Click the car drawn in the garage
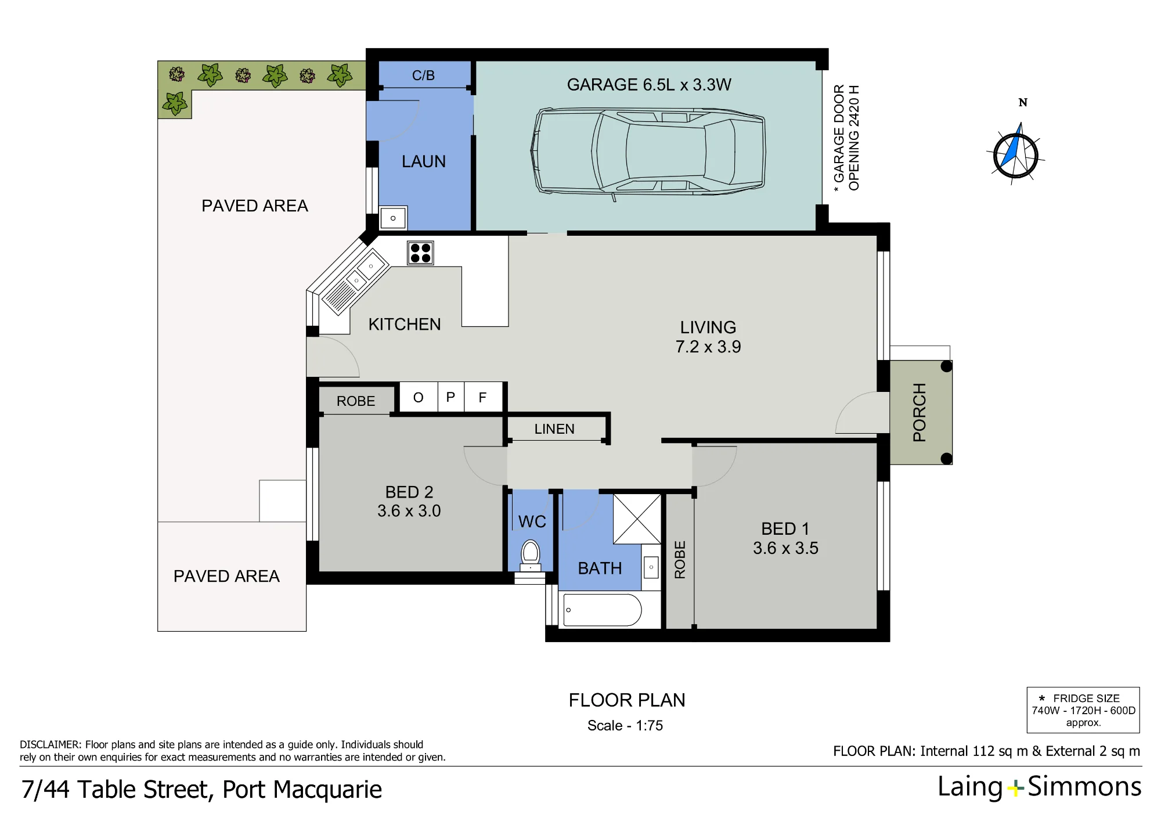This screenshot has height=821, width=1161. tap(648, 152)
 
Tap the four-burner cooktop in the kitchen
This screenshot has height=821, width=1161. tap(420, 253)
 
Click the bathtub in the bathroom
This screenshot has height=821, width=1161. tap(603, 610)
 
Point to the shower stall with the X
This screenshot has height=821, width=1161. tap(637, 519)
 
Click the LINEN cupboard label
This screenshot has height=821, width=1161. tap(554, 429)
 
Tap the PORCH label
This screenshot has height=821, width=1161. tap(920, 412)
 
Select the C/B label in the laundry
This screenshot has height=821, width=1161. tap(423, 75)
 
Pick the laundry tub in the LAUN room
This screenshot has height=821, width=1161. tap(393, 218)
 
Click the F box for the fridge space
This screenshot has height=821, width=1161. tap(483, 397)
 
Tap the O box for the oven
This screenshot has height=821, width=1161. tap(419, 397)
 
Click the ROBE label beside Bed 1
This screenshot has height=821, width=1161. tap(680, 560)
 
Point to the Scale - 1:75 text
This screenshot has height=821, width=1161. tap(625, 726)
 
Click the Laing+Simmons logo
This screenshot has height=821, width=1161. tap(1040, 787)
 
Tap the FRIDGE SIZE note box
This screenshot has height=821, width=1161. tap(1083, 710)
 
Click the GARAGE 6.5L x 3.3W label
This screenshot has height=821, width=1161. tap(649, 85)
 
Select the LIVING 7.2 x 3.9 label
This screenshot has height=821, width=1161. tap(708, 337)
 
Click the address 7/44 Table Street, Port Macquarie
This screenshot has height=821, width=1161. tap(201, 790)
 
